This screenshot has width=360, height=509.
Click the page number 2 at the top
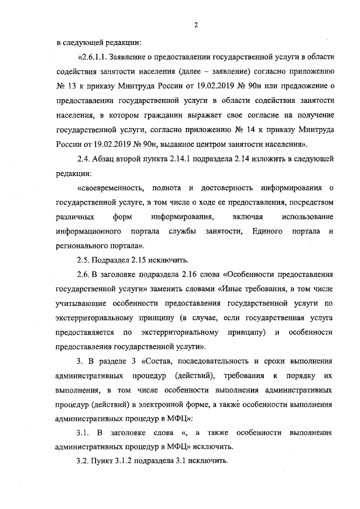coord(195,24)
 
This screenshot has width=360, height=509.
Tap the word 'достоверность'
coord(232,188)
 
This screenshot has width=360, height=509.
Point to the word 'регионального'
coord(83,246)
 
